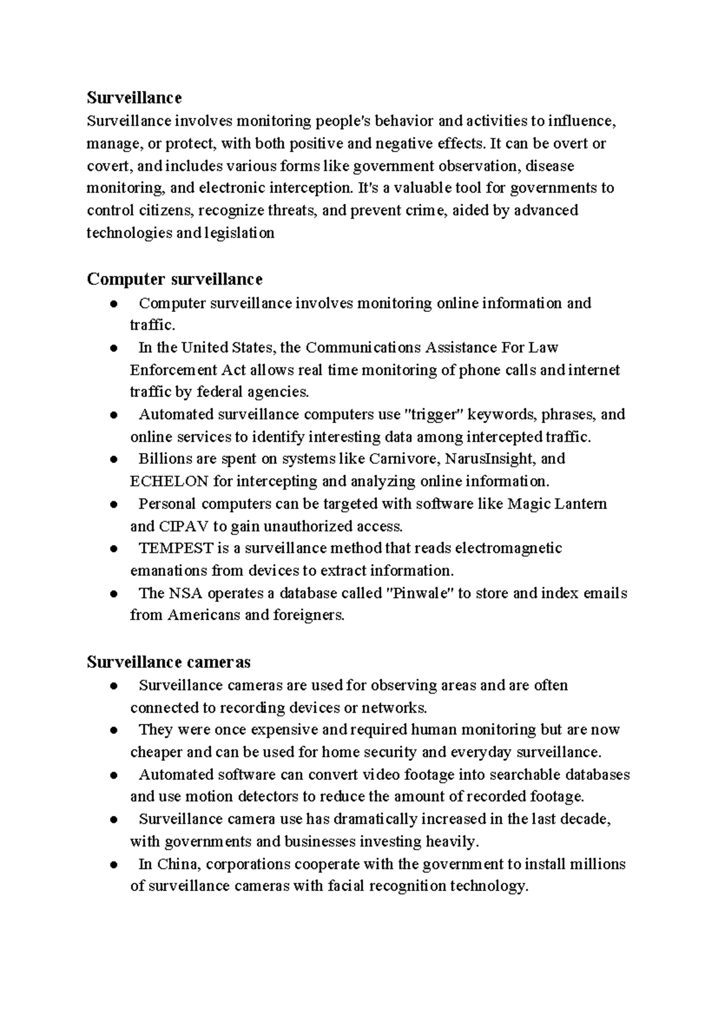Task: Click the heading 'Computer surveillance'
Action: pyautogui.click(x=174, y=279)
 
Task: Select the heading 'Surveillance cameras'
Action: pyautogui.click(x=168, y=662)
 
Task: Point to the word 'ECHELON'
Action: pyautogui.click(x=169, y=481)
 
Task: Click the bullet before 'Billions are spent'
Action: pyautogui.click(x=114, y=460)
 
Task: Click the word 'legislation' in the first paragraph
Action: pyautogui.click(x=239, y=233)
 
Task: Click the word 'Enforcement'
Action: pyautogui.click(x=174, y=370)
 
